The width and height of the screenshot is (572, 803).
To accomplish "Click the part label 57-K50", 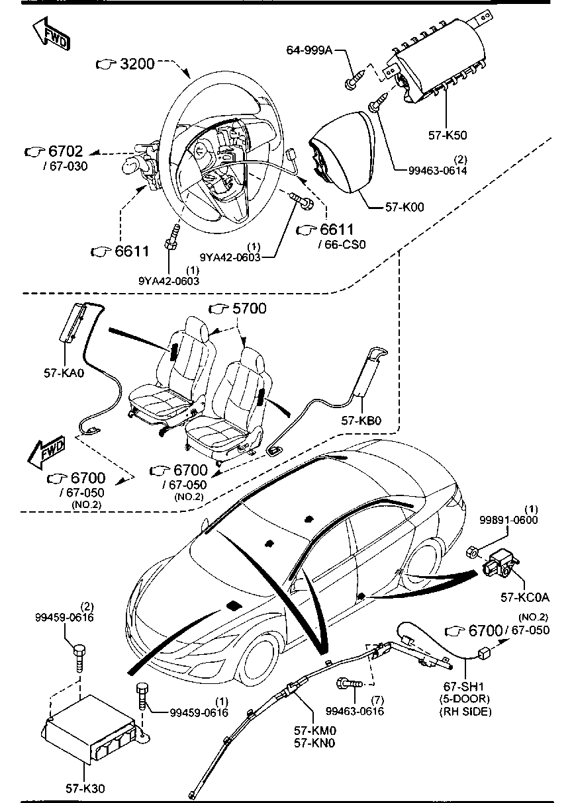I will click(448, 135).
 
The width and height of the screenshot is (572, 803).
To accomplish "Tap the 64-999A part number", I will click(309, 50).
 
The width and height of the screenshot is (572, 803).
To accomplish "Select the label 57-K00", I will click(405, 206).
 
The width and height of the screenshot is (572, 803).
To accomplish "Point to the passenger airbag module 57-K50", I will click(437, 60).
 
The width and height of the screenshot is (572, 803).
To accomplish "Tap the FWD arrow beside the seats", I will click(46, 452).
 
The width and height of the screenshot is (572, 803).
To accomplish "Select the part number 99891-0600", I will click(510, 520).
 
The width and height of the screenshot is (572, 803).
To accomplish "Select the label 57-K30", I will click(85, 788).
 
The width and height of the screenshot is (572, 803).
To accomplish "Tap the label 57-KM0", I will click(315, 731).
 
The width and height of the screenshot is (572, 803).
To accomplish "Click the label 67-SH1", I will click(465, 688).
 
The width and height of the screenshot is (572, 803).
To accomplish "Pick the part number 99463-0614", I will click(438, 170).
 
